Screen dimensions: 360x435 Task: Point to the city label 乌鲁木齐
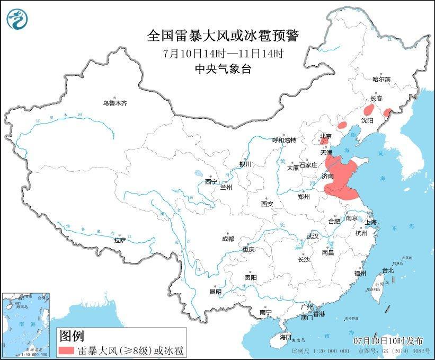[115, 103]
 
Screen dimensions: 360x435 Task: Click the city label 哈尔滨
[381, 79]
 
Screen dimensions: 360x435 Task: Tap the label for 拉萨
[120, 240]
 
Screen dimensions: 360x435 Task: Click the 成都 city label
[228, 239]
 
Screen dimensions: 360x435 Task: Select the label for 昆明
[215, 292]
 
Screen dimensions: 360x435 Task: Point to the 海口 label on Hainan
[285, 337]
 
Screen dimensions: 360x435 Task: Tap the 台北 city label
[387, 270]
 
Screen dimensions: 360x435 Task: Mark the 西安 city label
[267, 204]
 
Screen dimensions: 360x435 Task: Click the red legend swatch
[66, 350]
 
